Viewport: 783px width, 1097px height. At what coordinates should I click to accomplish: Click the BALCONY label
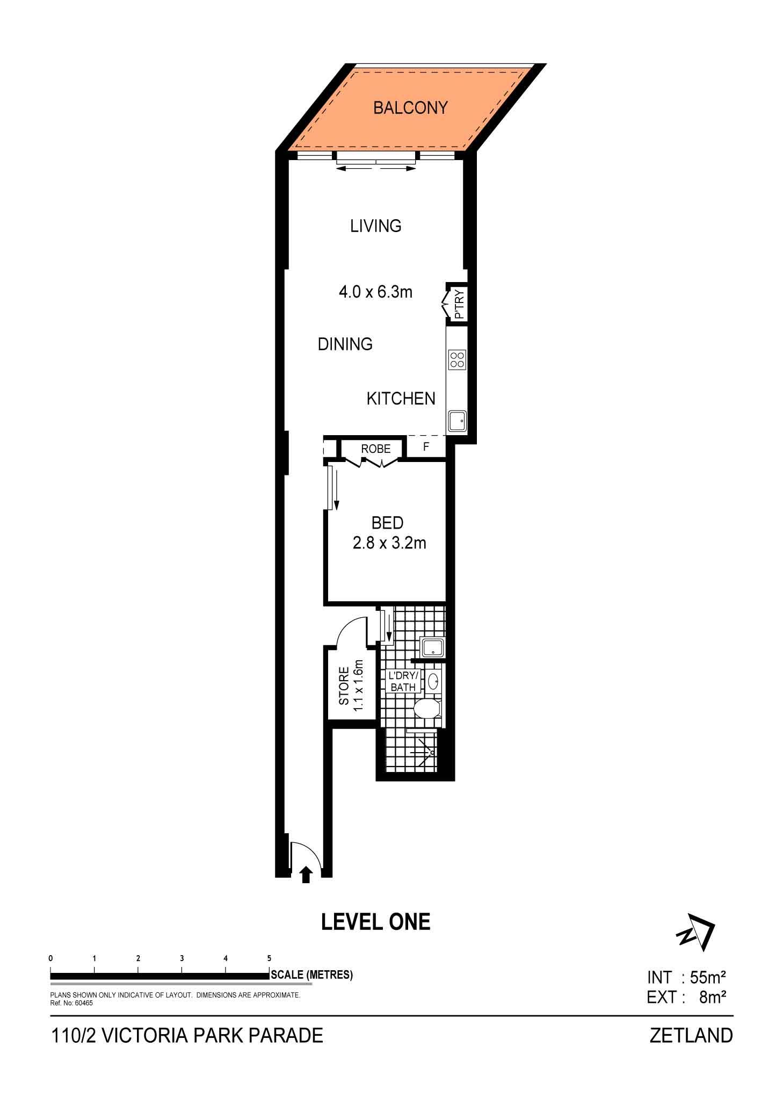(x=410, y=108)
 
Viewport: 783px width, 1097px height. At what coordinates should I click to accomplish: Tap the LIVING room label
(x=376, y=226)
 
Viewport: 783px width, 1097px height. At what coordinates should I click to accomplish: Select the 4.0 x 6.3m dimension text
(x=375, y=292)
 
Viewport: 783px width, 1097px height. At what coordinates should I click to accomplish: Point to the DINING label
(x=345, y=344)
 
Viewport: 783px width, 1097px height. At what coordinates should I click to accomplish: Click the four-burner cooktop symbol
(x=458, y=359)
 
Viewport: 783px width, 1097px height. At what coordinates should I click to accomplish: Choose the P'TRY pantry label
(x=459, y=304)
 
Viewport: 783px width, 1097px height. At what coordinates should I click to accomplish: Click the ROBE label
(x=376, y=449)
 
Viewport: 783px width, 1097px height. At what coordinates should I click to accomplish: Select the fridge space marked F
(x=426, y=447)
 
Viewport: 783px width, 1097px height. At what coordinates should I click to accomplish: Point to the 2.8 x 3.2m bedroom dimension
(x=389, y=543)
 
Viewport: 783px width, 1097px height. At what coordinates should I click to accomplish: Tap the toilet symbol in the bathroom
(x=427, y=709)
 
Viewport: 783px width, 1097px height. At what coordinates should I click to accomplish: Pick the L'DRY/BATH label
(x=403, y=681)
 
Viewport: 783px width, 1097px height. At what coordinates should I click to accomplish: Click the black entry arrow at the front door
(x=306, y=874)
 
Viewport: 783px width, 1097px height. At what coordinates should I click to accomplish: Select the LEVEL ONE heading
(x=376, y=922)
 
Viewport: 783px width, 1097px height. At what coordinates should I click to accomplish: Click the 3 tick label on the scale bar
(x=182, y=958)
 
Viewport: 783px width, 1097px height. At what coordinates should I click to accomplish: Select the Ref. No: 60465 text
(x=71, y=1003)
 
